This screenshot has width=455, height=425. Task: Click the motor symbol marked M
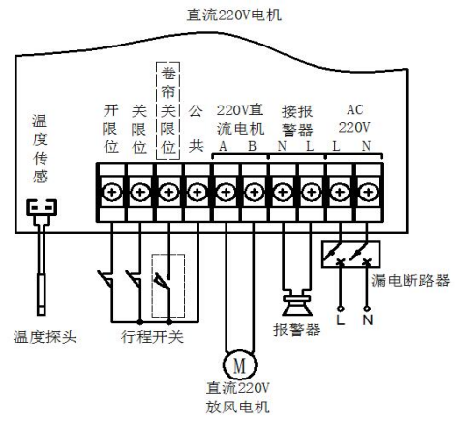click(239, 365)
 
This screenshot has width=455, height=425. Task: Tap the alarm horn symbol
click(297, 302)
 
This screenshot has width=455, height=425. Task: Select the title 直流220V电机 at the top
click(234, 15)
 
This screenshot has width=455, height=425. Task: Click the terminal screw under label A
click(227, 193)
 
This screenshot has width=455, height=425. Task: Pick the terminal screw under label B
click(255, 193)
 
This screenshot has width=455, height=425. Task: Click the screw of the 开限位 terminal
click(111, 193)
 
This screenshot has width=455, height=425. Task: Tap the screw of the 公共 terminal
click(197, 193)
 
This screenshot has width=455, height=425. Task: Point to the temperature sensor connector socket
click(42, 207)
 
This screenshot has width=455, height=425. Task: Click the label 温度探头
click(45, 337)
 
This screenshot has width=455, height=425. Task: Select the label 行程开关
click(152, 337)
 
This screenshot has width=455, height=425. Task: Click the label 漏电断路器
click(410, 280)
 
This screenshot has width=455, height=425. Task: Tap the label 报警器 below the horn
click(297, 330)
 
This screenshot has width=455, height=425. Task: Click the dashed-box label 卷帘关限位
click(167, 110)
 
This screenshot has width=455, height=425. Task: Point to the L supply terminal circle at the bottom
click(340, 309)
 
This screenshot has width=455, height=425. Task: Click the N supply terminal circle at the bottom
click(367, 309)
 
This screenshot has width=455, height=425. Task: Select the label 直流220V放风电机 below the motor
click(238, 398)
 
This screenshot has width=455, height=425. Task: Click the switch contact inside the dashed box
click(163, 281)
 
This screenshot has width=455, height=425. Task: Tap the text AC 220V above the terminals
click(354, 118)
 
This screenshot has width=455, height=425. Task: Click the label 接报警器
click(297, 121)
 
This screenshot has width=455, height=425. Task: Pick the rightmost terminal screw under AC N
click(368, 193)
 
